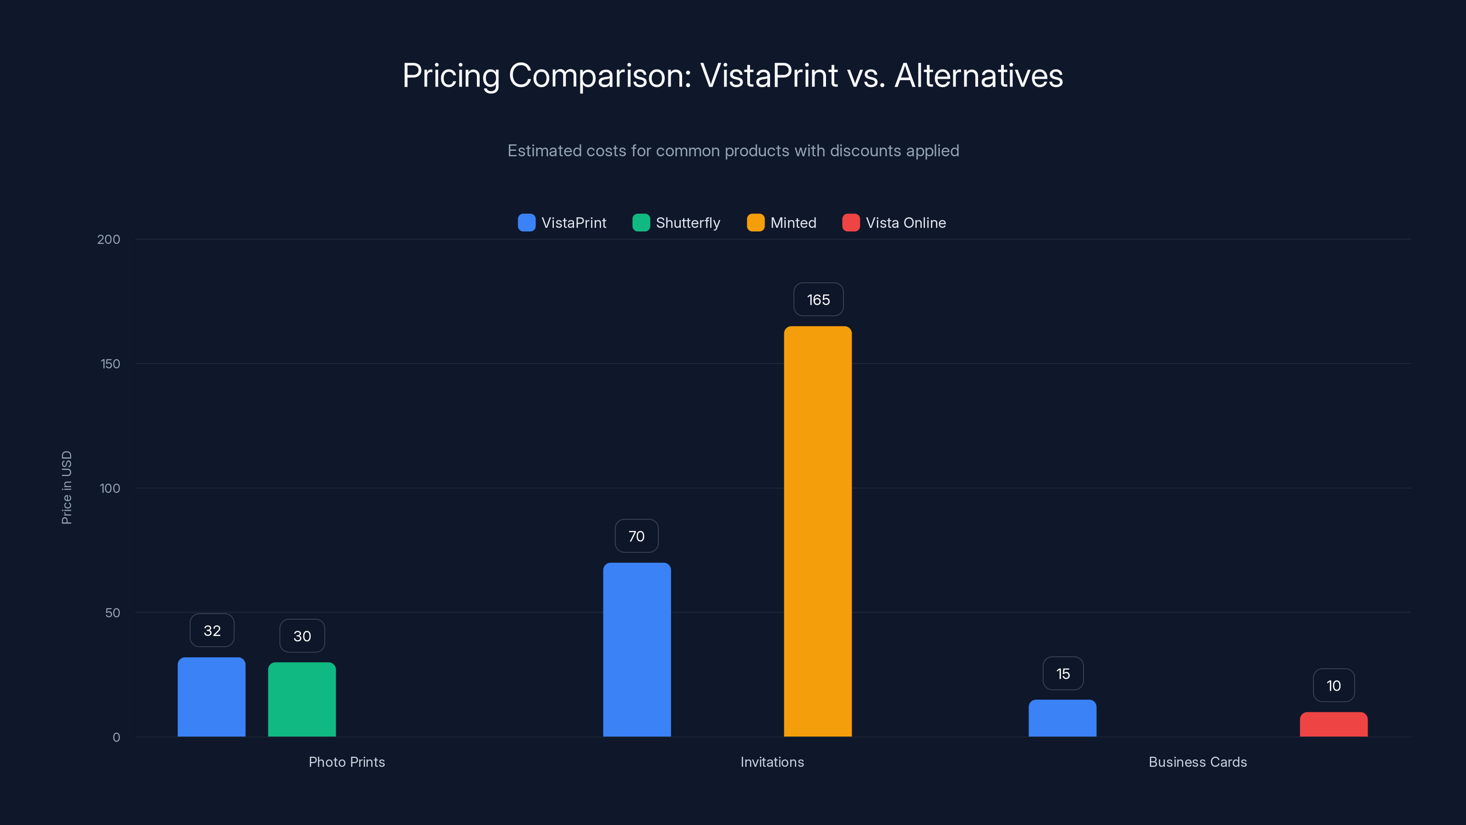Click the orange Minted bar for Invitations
tap(818, 531)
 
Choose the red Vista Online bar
tap(1334, 724)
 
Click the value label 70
tap(636, 536)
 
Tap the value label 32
tap(212, 630)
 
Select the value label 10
tap(1334, 686)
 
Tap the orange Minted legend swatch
tap(755, 223)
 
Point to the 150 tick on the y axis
tap(110, 364)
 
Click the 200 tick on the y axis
tap(108, 239)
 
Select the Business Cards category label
tap(1198, 762)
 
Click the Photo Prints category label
tap(347, 762)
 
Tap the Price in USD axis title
tap(66, 487)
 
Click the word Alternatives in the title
tap(978, 76)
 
